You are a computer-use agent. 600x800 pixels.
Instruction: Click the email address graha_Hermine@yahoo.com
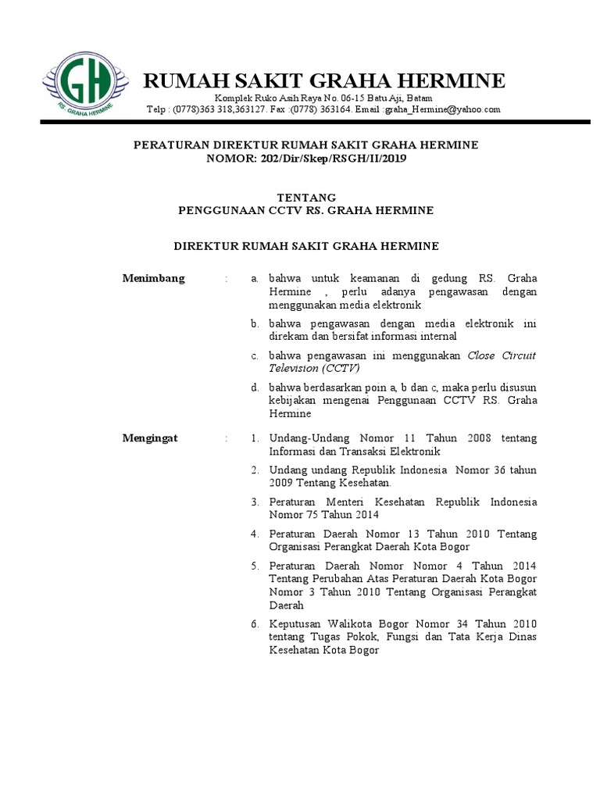point(442,110)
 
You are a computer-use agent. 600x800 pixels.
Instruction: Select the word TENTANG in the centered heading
point(306,197)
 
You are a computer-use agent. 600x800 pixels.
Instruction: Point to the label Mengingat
point(152,438)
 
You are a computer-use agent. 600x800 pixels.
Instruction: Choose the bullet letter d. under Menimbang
point(255,387)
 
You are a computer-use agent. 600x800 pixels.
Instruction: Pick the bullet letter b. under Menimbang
point(255,323)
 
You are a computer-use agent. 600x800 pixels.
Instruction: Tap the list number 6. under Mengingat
point(255,624)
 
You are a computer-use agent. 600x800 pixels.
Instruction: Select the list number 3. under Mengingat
point(255,502)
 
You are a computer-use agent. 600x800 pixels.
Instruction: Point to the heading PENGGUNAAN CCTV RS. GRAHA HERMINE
point(306,211)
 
